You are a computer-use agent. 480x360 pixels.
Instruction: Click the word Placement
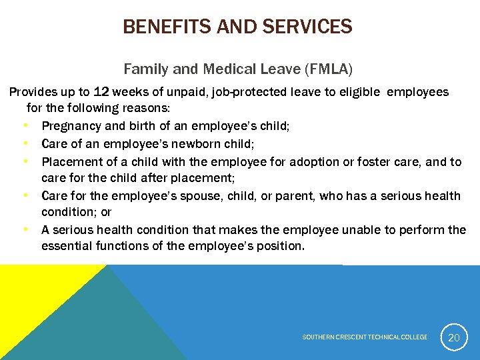71,161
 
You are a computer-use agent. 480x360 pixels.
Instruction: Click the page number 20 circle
453,338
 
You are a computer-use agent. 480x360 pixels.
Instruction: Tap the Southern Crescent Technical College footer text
365,337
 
